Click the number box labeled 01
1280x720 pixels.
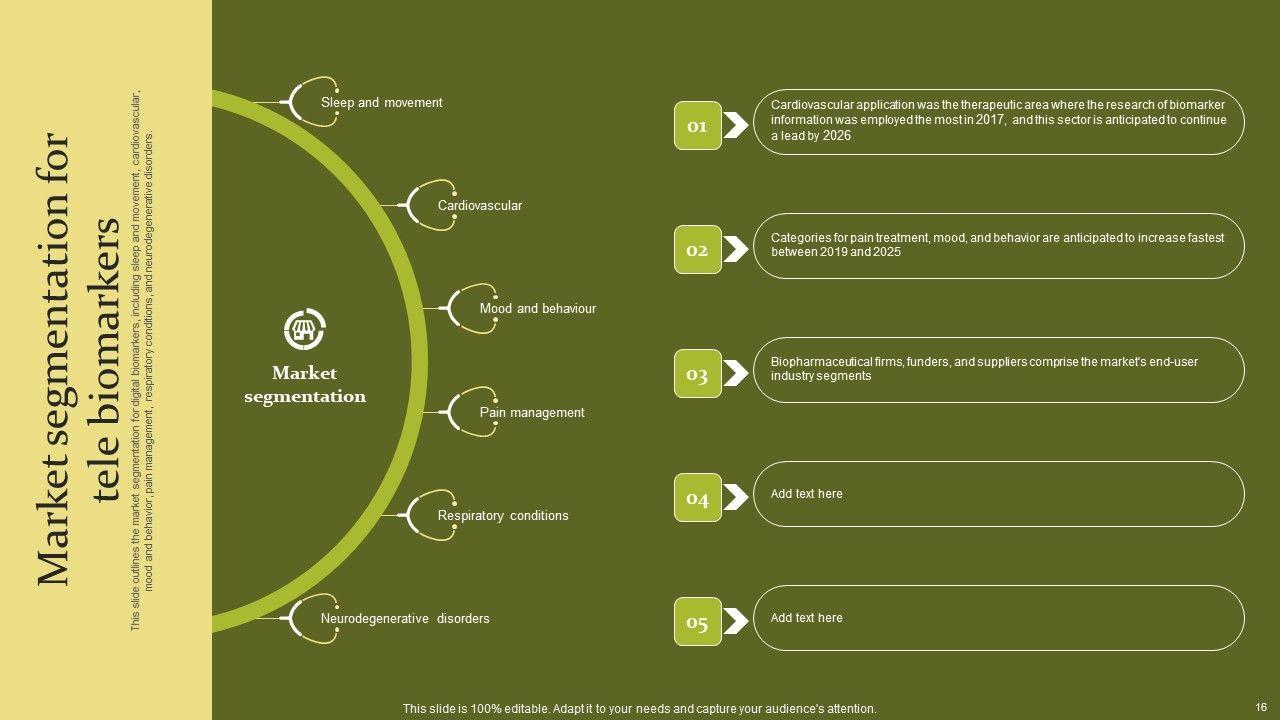coord(697,126)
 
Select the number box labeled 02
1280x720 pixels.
coord(697,250)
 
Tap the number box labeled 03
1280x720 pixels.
coord(697,374)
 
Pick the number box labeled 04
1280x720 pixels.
coord(697,498)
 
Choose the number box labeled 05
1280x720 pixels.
coord(697,622)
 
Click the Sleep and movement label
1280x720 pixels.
coord(381,103)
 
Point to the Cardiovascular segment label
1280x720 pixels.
coord(480,206)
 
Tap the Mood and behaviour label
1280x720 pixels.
coord(538,309)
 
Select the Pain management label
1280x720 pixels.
coord(532,413)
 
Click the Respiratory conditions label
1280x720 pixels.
coord(503,516)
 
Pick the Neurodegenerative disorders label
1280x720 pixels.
coord(405,619)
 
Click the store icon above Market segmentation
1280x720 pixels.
coord(305,329)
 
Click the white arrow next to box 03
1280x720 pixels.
coord(736,374)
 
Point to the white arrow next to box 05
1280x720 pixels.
coord(736,622)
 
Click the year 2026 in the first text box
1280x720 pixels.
coord(836,136)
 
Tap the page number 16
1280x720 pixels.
coord(1261,707)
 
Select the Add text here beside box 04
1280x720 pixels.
coord(806,494)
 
